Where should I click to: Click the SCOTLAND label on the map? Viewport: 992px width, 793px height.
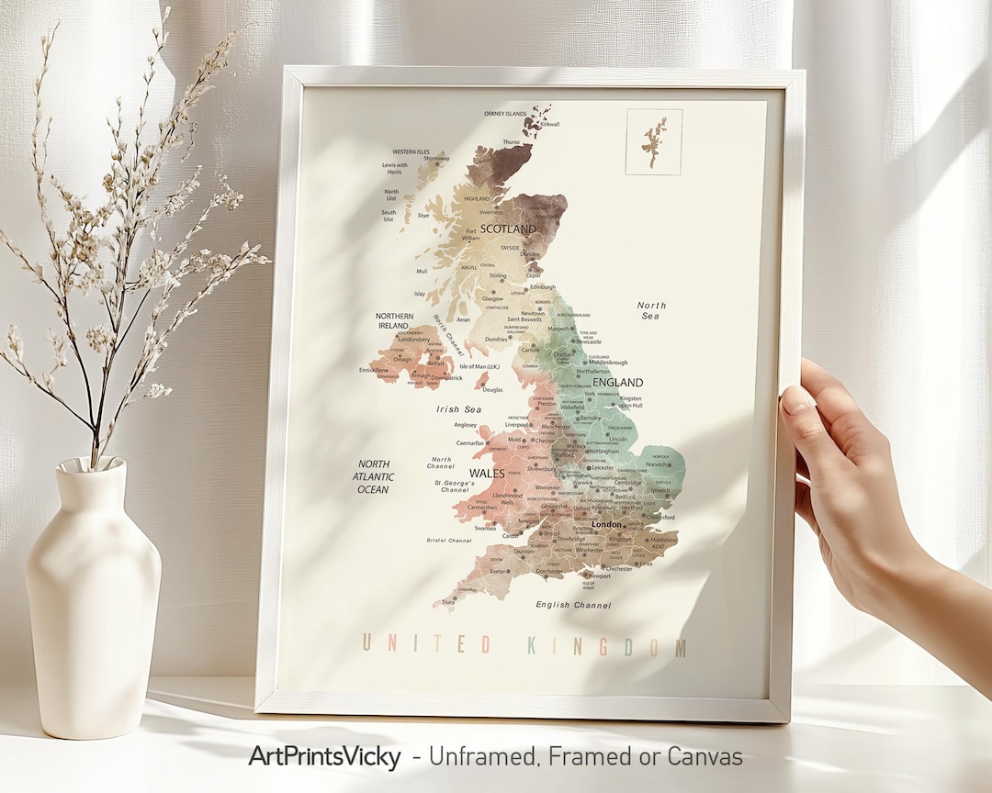508,228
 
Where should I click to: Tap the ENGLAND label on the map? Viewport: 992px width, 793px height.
618,382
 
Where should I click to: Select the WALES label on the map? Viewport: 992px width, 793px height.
487,473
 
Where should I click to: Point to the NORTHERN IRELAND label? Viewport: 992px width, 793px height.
394,320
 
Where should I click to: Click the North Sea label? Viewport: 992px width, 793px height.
651,310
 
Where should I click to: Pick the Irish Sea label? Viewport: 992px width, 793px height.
459,409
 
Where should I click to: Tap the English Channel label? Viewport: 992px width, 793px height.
573,605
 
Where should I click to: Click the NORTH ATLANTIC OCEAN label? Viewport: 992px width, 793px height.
374,477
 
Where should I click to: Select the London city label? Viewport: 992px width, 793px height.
606,524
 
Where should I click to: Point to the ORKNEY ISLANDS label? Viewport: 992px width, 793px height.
506,114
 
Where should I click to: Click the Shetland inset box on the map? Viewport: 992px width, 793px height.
654,141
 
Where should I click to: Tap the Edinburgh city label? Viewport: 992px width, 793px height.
542,286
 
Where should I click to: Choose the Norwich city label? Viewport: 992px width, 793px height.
657,464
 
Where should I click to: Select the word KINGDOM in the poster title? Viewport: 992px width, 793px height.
606,646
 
